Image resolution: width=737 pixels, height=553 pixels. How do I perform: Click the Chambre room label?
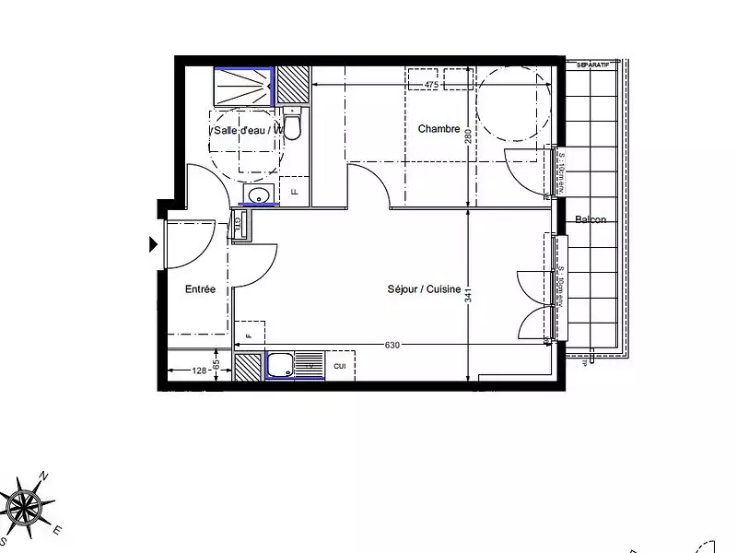pyautogui.click(x=439, y=129)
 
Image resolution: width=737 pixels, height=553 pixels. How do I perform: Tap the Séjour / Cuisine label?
pyautogui.click(x=424, y=289)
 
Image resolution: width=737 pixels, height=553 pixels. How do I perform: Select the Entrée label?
pyautogui.click(x=200, y=289)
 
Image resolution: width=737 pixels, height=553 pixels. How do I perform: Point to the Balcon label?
pyautogui.click(x=591, y=219)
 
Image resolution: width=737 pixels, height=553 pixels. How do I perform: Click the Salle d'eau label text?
pyautogui.click(x=242, y=131)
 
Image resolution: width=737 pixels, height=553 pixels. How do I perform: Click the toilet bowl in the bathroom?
pyautogui.click(x=292, y=126)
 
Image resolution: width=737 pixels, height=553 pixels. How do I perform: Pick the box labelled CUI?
pyautogui.click(x=340, y=367)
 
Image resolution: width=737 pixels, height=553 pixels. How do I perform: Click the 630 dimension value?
pyautogui.click(x=392, y=346)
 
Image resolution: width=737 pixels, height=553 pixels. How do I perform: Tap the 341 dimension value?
pyautogui.click(x=469, y=295)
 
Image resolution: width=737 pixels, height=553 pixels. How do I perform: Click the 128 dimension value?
pyautogui.click(x=199, y=371)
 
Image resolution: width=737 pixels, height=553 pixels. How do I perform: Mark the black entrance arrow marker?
pyautogui.click(x=153, y=244)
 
